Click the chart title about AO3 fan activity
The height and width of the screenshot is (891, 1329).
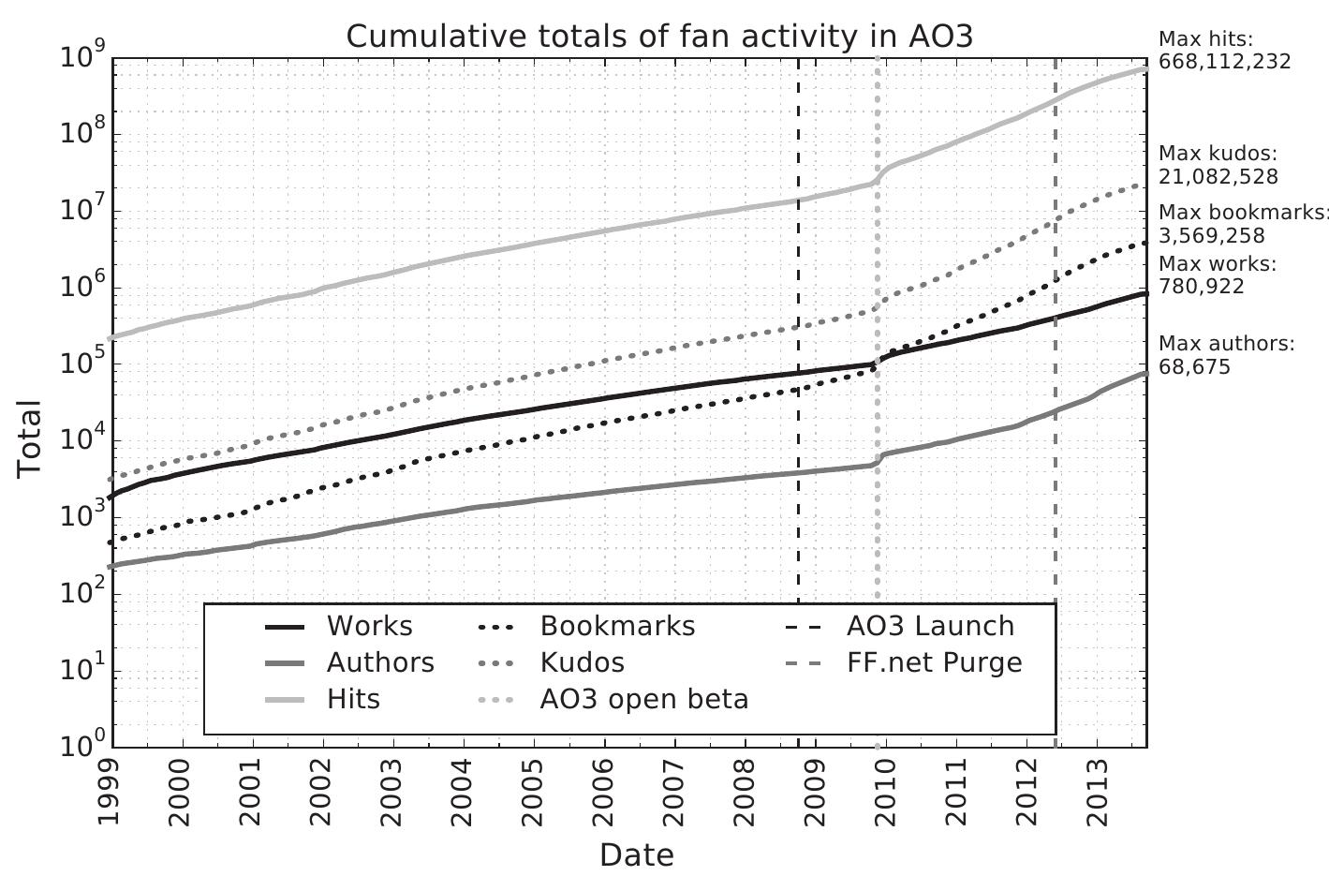click(659, 37)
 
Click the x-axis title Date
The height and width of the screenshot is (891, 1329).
click(636, 854)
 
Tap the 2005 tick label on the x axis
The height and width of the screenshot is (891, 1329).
click(534, 793)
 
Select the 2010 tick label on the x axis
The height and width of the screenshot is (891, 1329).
click(886, 793)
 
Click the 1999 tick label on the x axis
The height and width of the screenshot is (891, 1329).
click(111, 793)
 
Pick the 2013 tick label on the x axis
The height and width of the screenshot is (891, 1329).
click(1097, 793)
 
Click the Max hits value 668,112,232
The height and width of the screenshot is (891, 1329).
click(1224, 62)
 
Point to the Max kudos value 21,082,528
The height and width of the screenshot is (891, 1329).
click(1218, 176)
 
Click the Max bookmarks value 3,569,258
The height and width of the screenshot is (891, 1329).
click(1211, 235)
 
